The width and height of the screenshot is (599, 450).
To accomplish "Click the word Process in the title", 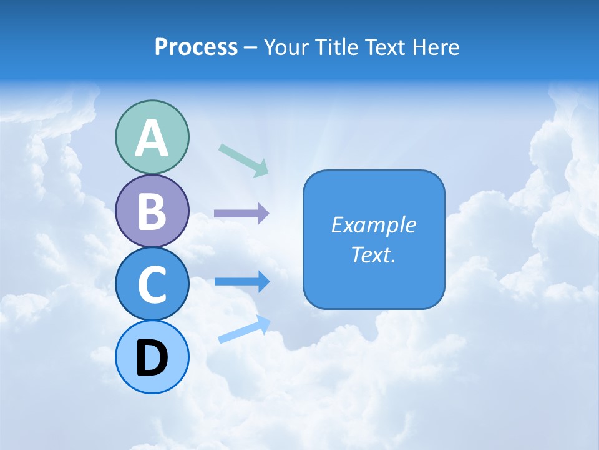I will tap(196, 47).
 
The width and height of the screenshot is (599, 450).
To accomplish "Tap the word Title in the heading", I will tap(338, 47).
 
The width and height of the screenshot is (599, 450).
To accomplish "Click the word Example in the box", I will tap(373, 225).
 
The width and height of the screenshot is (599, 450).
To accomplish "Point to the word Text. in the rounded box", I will tap(373, 255).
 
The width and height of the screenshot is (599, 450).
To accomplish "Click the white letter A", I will tap(152, 139).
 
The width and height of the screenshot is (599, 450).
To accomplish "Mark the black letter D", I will tap(152, 358).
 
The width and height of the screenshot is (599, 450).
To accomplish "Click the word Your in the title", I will tap(286, 47).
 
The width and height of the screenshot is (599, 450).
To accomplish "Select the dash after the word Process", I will tap(251, 49).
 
